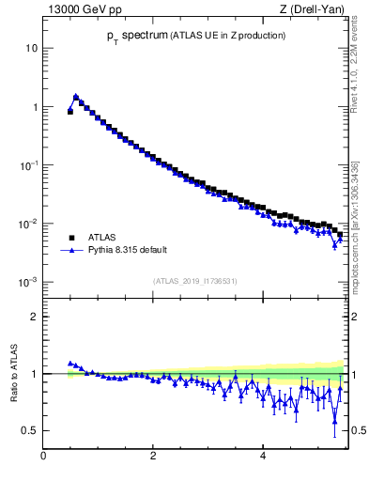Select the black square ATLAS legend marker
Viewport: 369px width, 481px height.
[x=70, y=238]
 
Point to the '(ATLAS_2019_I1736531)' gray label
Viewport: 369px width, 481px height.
[x=195, y=281]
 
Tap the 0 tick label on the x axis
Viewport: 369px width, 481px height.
[x=43, y=456]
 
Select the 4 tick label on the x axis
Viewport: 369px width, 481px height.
[x=262, y=456]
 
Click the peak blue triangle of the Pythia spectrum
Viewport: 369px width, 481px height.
[x=75, y=96]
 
